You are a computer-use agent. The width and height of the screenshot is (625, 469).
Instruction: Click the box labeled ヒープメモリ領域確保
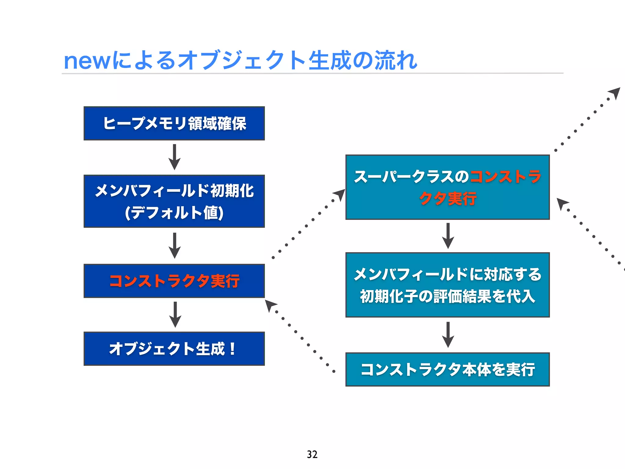point(174,123)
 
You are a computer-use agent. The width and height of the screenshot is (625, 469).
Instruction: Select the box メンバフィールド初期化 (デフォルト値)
point(174,201)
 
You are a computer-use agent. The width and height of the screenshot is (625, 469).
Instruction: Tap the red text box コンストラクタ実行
point(174,281)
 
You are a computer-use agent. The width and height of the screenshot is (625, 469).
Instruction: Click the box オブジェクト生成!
point(174,349)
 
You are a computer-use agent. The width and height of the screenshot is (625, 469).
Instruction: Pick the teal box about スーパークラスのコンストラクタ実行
point(447,187)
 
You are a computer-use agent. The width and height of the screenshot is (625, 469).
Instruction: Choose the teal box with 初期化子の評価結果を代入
point(447,285)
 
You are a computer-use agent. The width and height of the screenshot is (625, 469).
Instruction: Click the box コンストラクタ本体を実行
point(447,369)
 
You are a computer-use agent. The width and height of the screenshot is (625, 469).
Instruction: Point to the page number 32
point(312,454)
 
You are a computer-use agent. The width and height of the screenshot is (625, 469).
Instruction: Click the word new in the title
point(87,61)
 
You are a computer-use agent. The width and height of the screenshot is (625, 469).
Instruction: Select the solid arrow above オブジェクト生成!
point(175,314)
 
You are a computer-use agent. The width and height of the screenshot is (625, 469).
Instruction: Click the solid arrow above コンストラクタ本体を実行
point(448,334)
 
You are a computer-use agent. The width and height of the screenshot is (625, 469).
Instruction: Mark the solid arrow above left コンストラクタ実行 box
point(175,245)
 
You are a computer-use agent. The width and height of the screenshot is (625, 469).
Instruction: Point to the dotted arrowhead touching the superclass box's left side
point(339,195)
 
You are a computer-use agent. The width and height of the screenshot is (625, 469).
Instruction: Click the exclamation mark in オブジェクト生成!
point(233,349)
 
